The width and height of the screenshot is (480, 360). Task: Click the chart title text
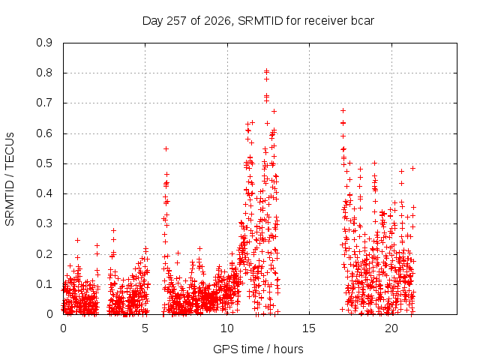pyautogui.click(x=258, y=21)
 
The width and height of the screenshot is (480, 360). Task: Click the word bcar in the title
pyautogui.click(x=362, y=21)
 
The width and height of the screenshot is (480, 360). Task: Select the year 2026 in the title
pyautogui.click(x=217, y=21)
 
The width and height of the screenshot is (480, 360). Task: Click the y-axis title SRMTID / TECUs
pyautogui.click(x=10, y=179)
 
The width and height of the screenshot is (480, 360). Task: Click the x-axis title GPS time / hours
pyautogui.click(x=258, y=349)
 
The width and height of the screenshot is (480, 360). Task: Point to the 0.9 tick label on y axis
pyautogui.click(x=44, y=43)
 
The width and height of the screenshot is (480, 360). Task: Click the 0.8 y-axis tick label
pyautogui.click(x=44, y=73)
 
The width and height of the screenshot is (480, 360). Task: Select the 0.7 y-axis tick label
pyautogui.click(x=44, y=103)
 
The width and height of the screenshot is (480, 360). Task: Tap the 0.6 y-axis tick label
pyautogui.click(x=44, y=133)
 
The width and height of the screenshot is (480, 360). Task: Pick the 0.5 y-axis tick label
pyautogui.click(x=44, y=163)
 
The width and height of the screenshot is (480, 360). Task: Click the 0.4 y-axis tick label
pyautogui.click(x=44, y=193)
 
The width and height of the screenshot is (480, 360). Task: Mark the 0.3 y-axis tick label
pyautogui.click(x=44, y=223)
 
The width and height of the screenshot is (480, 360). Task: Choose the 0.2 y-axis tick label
pyautogui.click(x=44, y=254)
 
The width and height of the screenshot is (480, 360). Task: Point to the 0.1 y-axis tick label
pyautogui.click(x=44, y=284)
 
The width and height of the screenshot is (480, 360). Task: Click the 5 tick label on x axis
pyautogui.click(x=145, y=328)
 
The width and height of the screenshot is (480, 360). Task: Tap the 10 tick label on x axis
pyautogui.click(x=227, y=328)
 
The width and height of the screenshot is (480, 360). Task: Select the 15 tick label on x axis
pyautogui.click(x=309, y=328)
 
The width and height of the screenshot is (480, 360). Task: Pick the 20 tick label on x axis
pyautogui.click(x=391, y=328)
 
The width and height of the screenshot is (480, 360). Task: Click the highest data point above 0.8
pyautogui.click(x=267, y=70)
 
